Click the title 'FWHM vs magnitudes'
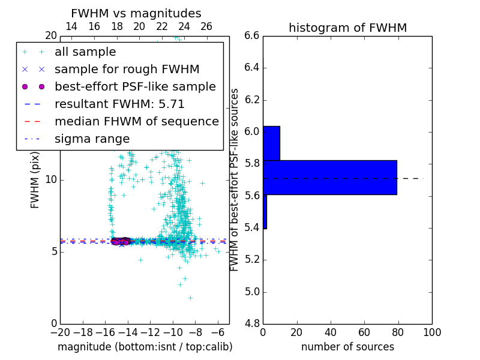136,13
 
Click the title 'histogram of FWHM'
347,28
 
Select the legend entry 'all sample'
85,52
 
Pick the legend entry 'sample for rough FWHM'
127,69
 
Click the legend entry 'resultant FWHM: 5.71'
119,104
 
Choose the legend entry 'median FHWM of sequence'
136,121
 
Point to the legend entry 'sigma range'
92,139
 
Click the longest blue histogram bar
329,178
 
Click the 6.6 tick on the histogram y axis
251,35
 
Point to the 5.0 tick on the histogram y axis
251,292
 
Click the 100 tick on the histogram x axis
431,332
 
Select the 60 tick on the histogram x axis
364,332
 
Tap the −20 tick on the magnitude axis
60,332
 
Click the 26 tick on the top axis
206,26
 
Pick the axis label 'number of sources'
347,347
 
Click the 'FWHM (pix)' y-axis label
35,179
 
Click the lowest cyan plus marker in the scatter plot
190,298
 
